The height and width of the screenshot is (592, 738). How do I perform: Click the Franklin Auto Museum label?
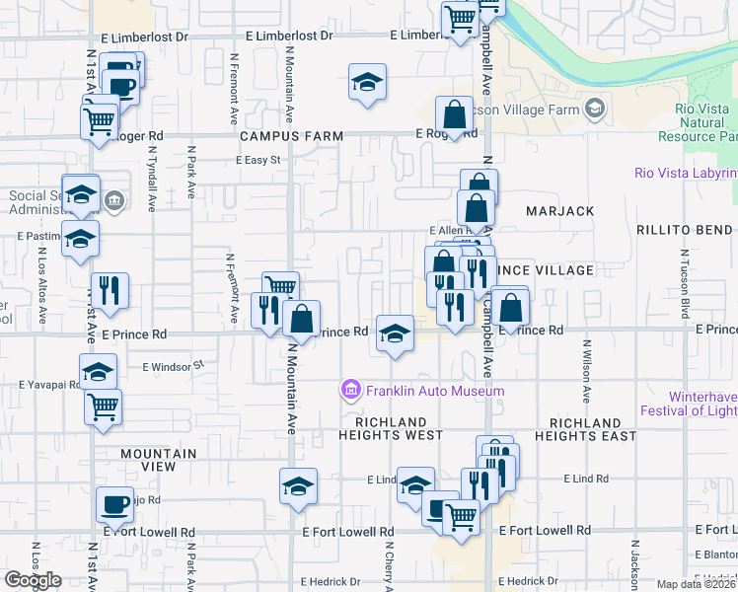tap(435, 391)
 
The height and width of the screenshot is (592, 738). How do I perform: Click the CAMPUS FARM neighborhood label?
tap(291, 136)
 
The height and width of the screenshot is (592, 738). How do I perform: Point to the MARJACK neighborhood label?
tap(560, 211)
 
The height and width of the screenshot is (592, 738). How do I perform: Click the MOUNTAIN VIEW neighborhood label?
tap(158, 454)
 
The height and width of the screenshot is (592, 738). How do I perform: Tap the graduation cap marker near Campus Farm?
tap(367, 83)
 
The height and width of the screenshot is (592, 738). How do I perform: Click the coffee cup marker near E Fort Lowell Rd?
tap(114, 505)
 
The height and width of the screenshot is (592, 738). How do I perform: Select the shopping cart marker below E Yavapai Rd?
tap(103, 406)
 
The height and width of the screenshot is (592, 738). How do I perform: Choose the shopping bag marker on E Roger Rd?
tap(454, 114)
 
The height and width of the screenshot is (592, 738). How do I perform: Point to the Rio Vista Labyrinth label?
tap(686, 174)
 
